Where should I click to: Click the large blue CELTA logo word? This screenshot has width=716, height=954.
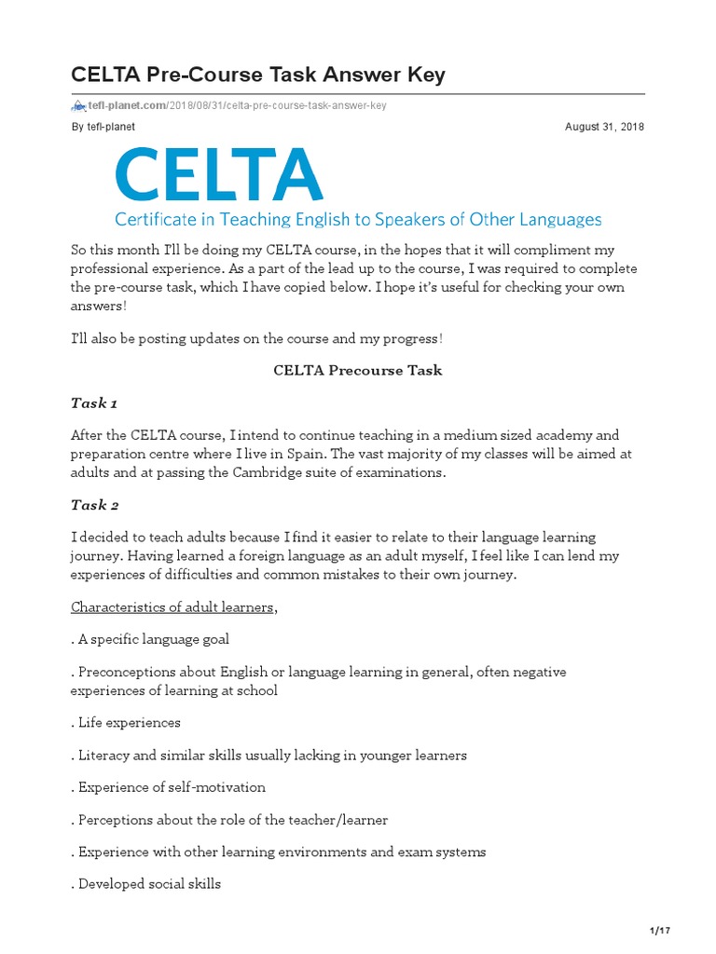(218, 175)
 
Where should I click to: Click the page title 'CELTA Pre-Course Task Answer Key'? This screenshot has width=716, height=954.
(258, 75)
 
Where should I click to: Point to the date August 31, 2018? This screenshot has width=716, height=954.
(604, 127)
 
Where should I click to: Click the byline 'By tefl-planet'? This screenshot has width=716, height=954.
(103, 127)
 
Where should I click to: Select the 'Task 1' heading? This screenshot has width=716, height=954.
(94, 402)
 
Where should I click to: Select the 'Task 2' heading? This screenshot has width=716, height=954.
(95, 505)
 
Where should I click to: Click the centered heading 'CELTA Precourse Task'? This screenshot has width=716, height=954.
(357, 370)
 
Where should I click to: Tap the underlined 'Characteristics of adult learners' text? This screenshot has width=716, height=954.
(173, 607)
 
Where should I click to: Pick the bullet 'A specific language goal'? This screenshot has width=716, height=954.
(150, 639)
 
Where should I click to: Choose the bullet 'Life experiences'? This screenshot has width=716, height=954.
(126, 722)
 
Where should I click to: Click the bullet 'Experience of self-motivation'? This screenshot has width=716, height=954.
(169, 787)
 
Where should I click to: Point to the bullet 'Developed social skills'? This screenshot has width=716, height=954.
(146, 883)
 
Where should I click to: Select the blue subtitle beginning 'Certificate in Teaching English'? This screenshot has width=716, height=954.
(358, 220)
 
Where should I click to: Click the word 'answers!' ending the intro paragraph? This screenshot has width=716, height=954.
(98, 305)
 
